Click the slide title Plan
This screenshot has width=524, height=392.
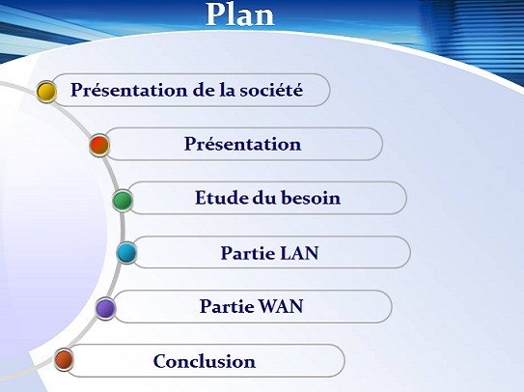point(240,14)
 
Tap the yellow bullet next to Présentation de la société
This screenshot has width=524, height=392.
point(45,92)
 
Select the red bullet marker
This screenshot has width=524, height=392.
point(98,146)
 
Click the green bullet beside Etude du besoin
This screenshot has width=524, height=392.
point(123,201)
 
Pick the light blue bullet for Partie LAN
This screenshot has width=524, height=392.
point(126,254)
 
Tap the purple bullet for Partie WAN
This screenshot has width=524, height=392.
point(106,308)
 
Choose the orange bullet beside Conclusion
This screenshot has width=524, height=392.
point(64,361)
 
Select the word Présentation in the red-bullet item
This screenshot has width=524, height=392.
point(242,145)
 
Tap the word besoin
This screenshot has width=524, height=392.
point(310,199)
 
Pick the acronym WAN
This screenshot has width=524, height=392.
point(280,307)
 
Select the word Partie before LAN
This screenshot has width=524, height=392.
point(247,253)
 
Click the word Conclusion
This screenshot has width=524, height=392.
point(204,362)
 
